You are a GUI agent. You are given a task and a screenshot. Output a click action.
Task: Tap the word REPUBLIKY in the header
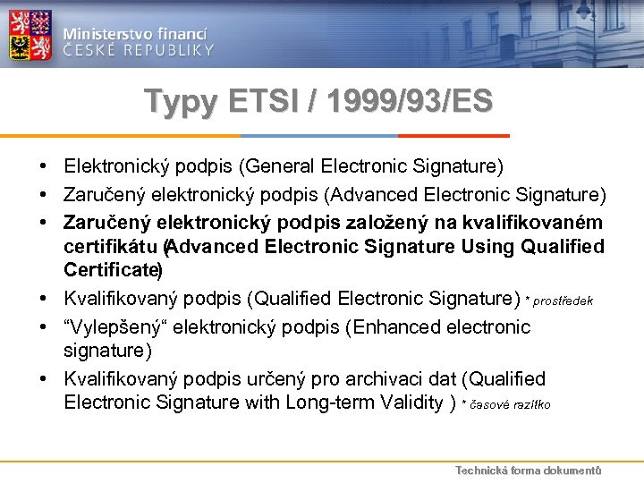pyautogui.click(x=169, y=50)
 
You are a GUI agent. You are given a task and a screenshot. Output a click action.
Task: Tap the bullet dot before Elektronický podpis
pyautogui.click(x=43, y=166)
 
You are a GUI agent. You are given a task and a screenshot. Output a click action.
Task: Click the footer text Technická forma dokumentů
pyautogui.click(x=528, y=470)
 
